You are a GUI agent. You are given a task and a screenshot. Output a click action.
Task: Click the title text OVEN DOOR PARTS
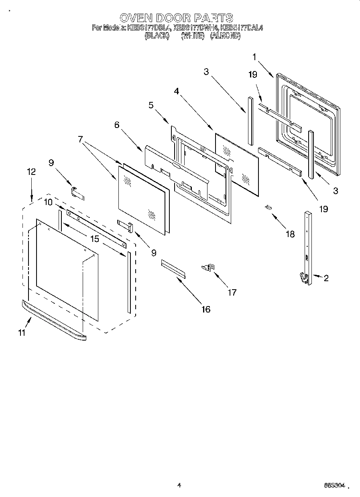[176, 18]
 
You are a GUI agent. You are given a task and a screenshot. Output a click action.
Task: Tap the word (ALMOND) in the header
[225, 36]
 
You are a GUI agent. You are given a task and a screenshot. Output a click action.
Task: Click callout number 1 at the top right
[254, 57]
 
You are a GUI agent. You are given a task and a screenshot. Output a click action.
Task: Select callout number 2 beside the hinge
[326, 278]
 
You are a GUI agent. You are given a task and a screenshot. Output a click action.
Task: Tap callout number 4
[176, 91]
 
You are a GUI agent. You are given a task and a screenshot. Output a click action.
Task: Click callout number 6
[117, 125]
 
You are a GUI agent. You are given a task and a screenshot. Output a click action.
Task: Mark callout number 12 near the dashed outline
[31, 172]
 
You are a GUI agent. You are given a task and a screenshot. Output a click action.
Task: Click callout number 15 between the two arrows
[94, 239]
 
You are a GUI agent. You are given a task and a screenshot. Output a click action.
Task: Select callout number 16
[205, 309]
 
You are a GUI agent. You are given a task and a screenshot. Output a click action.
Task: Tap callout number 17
[232, 292]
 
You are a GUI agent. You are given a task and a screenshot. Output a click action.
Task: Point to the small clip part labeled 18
[268, 207]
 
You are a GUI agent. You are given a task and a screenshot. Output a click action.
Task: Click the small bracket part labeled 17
[209, 267]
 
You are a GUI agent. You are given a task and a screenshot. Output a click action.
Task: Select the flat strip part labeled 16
[174, 268]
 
